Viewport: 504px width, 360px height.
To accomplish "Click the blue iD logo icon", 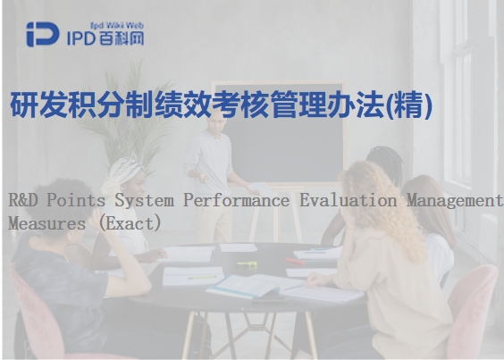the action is click(43, 34).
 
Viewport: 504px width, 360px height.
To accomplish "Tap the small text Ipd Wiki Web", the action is click(117, 25).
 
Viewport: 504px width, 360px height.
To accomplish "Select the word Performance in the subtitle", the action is click(236, 201).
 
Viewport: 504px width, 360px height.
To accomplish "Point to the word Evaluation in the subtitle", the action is click(349, 200).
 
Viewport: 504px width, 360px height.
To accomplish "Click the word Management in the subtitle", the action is click(455, 201).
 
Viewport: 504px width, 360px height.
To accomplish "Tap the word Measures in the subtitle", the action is click(46, 223).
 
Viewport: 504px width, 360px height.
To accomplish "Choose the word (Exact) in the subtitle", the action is click(130, 223).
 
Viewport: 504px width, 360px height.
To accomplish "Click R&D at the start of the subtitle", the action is click(23, 200).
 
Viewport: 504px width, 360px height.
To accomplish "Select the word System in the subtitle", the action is click(145, 201).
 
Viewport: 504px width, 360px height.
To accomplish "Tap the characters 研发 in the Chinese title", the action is click(38, 105).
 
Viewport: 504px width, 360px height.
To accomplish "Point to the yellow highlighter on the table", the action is click(248, 264).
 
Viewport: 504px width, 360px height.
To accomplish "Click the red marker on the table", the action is click(295, 262).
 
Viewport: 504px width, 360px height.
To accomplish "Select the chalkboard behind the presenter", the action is click(279, 133).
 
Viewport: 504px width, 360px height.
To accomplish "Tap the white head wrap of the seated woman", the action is click(122, 174).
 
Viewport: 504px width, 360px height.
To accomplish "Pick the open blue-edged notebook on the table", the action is click(254, 286).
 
